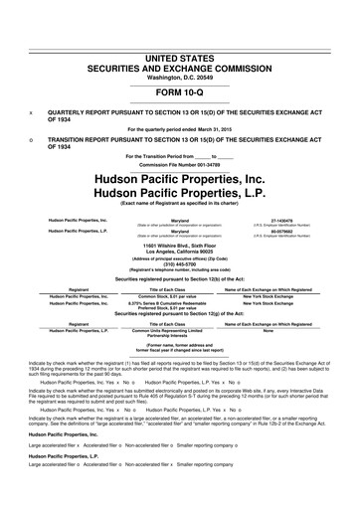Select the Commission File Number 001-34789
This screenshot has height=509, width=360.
pyautogui.click(x=180, y=165)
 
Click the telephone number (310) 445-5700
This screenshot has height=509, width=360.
pyautogui.click(x=180, y=265)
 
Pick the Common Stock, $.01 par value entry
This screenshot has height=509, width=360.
pyautogui.click(x=180, y=296)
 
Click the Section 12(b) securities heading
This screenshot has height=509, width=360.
pyautogui.click(x=180, y=281)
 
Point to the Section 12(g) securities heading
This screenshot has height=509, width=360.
pyautogui.click(x=180, y=316)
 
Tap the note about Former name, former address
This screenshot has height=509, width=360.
pyautogui.click(x=180, y=348)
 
